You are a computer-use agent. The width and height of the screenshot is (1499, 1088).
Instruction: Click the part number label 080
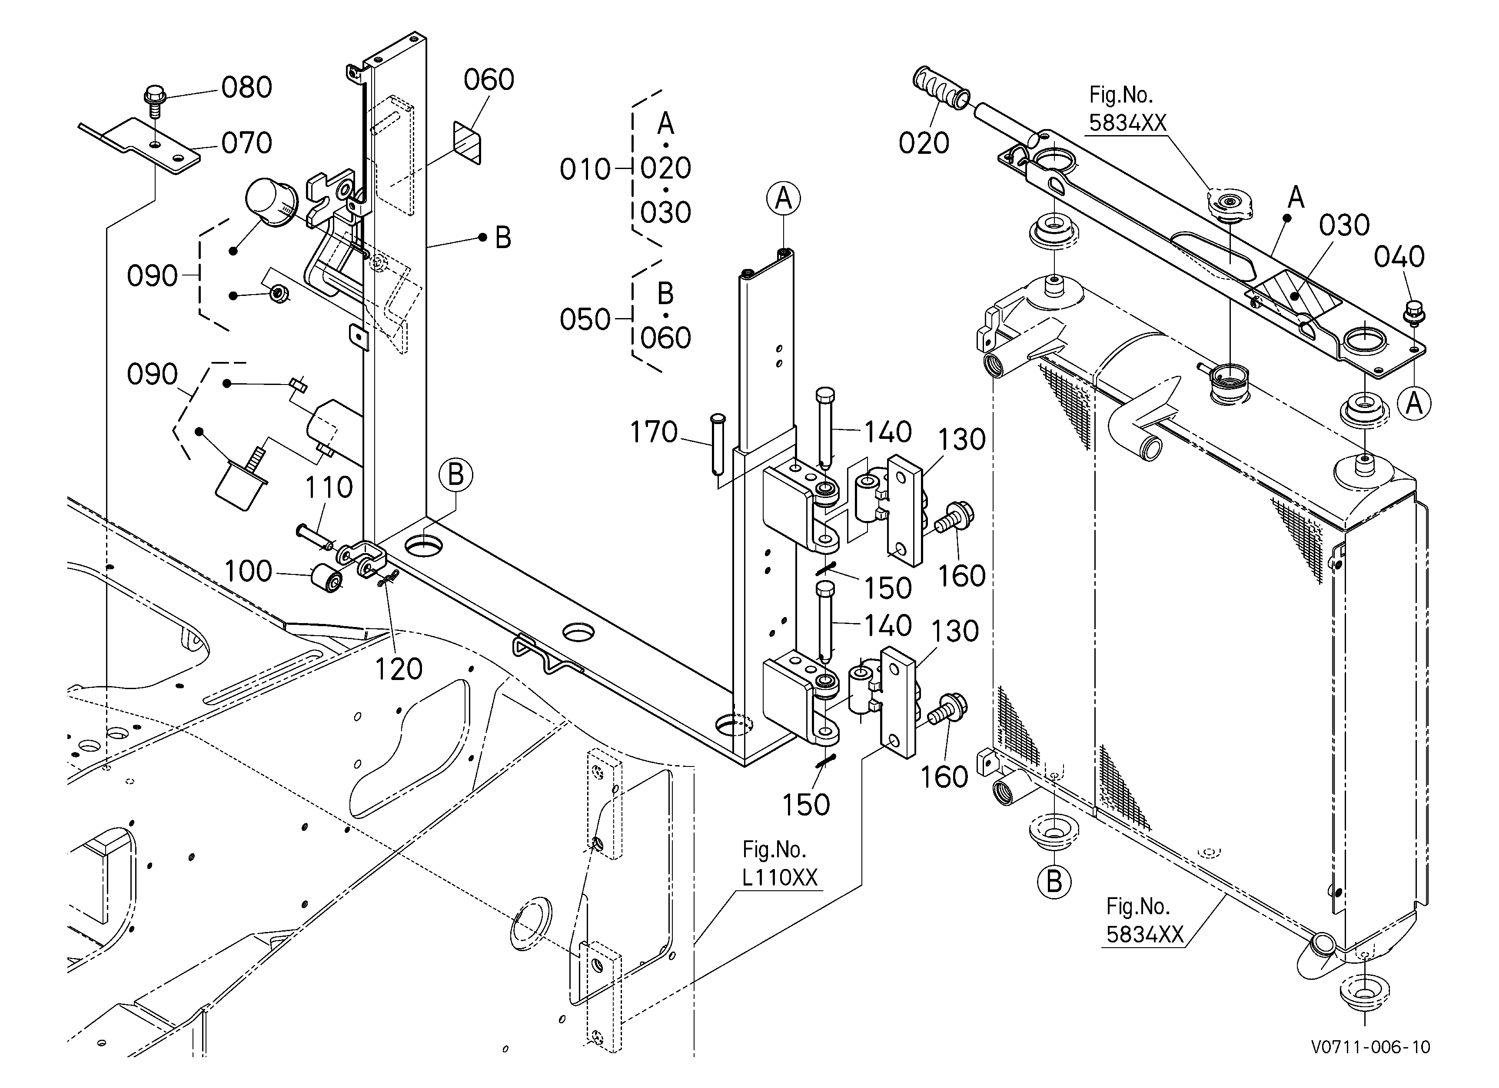(x=246, y=87)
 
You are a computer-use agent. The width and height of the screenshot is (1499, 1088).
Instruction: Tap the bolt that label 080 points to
(x=154, y=100)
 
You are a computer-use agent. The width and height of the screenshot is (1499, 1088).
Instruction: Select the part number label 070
(x=246, y=143)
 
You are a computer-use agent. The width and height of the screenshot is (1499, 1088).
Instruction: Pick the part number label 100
(x=249, y=571)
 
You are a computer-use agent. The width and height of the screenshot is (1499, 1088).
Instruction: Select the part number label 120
(x=399, y=669)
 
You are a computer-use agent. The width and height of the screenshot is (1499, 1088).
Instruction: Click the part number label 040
(x=1399, y=257)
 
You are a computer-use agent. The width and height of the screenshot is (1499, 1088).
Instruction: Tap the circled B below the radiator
(x=1054, y=882)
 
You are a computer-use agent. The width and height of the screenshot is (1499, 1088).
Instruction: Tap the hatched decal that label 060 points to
(x=467, y=143)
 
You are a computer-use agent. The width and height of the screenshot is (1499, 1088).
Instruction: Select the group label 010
(x=585, y=170)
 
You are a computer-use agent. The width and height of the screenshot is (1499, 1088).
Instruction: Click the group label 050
(x=585, y=320)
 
